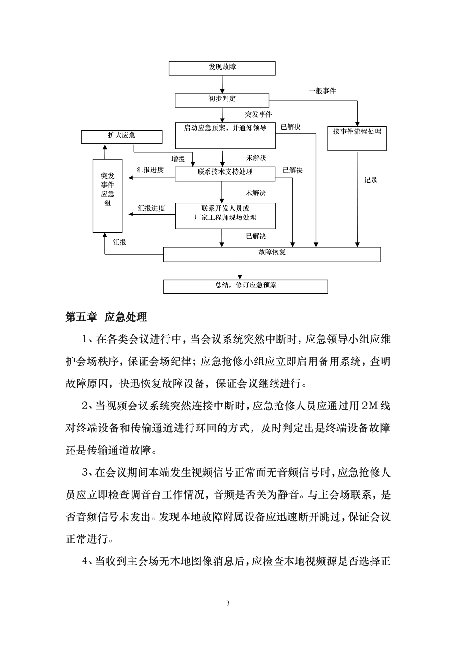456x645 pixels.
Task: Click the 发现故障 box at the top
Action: point(222,68)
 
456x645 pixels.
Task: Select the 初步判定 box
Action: point(222,100)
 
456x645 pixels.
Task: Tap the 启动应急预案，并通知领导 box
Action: point(225,135)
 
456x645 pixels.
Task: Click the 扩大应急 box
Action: point(121,137)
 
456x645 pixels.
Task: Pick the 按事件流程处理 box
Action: point(357,138)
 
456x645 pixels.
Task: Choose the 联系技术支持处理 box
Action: point(225,174)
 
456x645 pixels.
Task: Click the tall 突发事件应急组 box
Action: point(107,195)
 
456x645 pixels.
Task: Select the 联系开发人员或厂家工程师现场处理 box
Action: point(225,215)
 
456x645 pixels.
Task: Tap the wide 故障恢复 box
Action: point(272,254)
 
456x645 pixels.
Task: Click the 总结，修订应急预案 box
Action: point(245,287)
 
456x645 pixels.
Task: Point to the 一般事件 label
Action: point(322,91)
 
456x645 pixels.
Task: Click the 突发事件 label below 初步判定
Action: point(258,114)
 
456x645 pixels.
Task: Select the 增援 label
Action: point(178,159)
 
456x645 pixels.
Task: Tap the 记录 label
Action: point(371,180)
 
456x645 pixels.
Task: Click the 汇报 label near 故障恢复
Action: point(120,243)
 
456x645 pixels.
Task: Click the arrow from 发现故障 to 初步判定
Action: point(222,84)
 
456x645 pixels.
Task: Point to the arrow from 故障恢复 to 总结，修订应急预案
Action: point(240,270)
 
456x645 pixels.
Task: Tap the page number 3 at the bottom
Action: point(228,603)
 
